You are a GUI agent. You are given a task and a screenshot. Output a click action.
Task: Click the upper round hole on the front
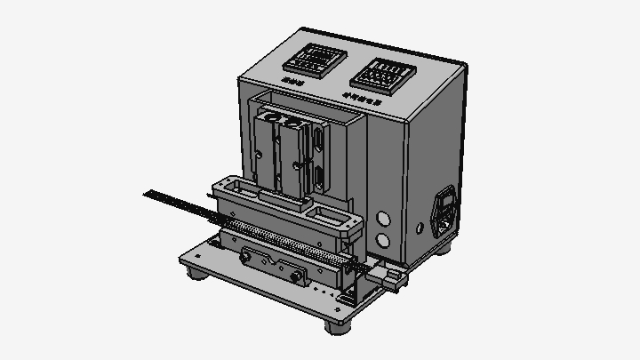tap(385, 219)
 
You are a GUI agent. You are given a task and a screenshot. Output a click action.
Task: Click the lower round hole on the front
tap(385, 240)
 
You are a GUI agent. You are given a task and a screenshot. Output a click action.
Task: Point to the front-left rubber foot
tap(194, 272)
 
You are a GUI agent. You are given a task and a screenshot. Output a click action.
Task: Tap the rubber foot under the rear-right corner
tap(443, 247)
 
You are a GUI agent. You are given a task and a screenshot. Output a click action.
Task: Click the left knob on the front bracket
tap(245, 258)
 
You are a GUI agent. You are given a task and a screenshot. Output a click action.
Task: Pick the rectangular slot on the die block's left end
tap(233, 186)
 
